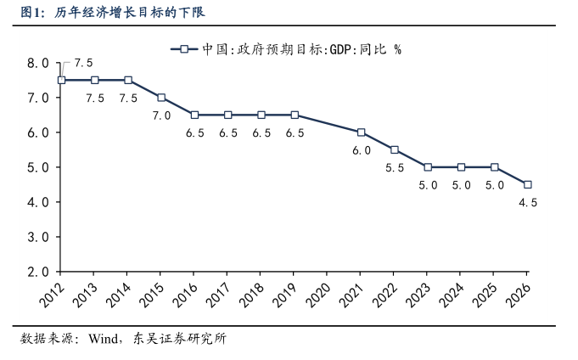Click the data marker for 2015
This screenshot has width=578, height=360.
161,98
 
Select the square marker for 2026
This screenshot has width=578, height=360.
528,184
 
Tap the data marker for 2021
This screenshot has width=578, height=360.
362,132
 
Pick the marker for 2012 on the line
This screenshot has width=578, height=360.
61,80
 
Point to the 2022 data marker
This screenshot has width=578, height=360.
395,149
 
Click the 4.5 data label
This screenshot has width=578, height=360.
528,203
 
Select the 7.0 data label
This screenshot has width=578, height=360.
161,115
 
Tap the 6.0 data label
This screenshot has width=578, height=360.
362,150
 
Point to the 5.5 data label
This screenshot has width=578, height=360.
395,168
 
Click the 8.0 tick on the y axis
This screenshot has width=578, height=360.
38,63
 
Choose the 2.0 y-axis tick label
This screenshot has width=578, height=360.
38,273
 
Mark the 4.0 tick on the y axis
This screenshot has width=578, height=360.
38,203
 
